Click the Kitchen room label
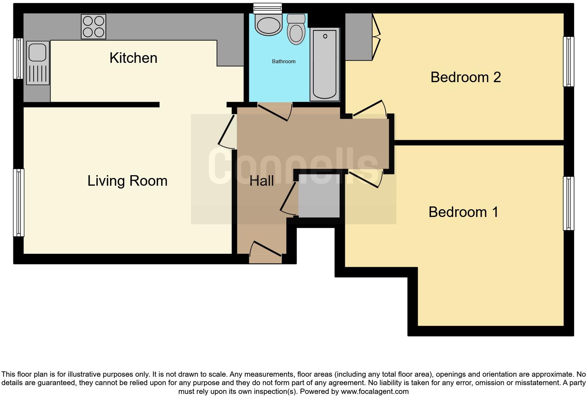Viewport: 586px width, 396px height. coord(133,58)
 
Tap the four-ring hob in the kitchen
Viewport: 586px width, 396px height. coord(94,26)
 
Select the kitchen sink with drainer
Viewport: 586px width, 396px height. coord(38,63)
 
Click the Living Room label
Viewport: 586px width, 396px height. coord(127,181)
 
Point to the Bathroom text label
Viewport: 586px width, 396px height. coord(284,61)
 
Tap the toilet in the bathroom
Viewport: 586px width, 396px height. coord(297,30)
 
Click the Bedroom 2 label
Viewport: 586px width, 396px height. coord(465,77)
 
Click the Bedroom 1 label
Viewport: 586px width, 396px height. coord(463,212)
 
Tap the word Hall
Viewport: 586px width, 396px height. coord(261,181)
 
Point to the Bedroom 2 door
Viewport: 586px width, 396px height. coord(370,109)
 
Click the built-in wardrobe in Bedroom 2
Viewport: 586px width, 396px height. coord(359,37)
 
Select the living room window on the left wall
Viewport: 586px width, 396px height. coord(19,203)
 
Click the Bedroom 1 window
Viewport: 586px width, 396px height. coord(568,203)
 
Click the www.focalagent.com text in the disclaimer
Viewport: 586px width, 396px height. coord(375,391)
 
